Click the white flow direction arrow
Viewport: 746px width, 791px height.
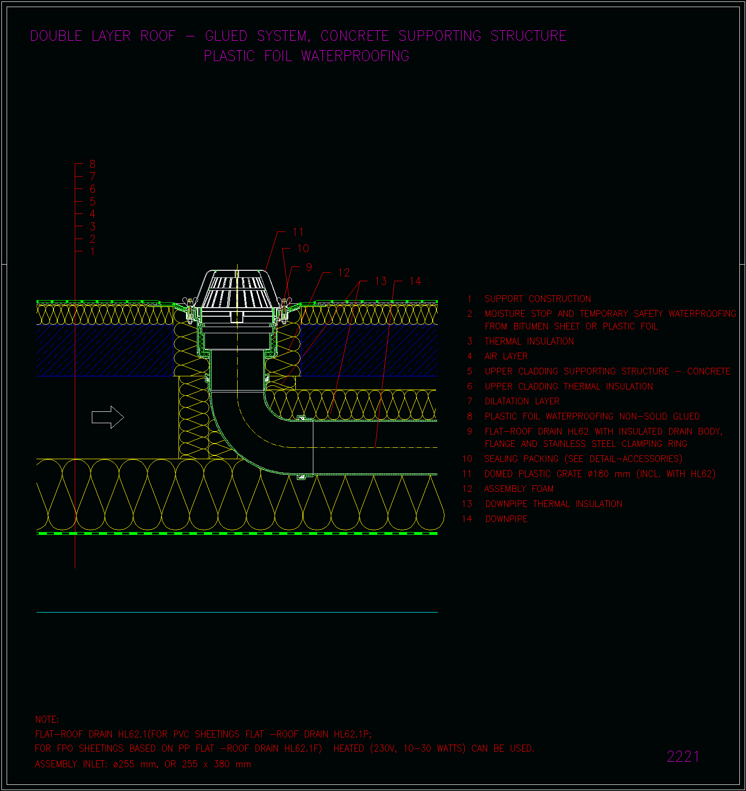[107, 417]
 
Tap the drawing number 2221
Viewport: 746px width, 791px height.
[683, 756]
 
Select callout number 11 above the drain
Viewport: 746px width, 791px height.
[298, 232]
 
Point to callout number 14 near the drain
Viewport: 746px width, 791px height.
[415, 281]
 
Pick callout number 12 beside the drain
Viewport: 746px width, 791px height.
[344, 273]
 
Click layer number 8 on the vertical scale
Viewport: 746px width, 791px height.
[92, 164]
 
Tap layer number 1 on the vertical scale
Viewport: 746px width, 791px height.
[92, 251]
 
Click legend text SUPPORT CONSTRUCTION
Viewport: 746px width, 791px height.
[538, 299]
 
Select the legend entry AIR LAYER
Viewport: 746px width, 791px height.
[506, 356]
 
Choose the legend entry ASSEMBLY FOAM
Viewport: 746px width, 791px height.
[519, 489]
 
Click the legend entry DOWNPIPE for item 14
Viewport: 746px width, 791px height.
[506, 519]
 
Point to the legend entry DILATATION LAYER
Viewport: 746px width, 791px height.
[522, 401]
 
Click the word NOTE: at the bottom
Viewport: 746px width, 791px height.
[47, 720]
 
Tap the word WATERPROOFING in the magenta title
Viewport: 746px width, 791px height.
[355, 56]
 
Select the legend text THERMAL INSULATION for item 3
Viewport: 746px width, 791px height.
[529, 341]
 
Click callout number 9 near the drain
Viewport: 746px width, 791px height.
[309, 267]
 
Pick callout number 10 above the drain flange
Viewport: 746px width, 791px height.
[303, 249]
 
